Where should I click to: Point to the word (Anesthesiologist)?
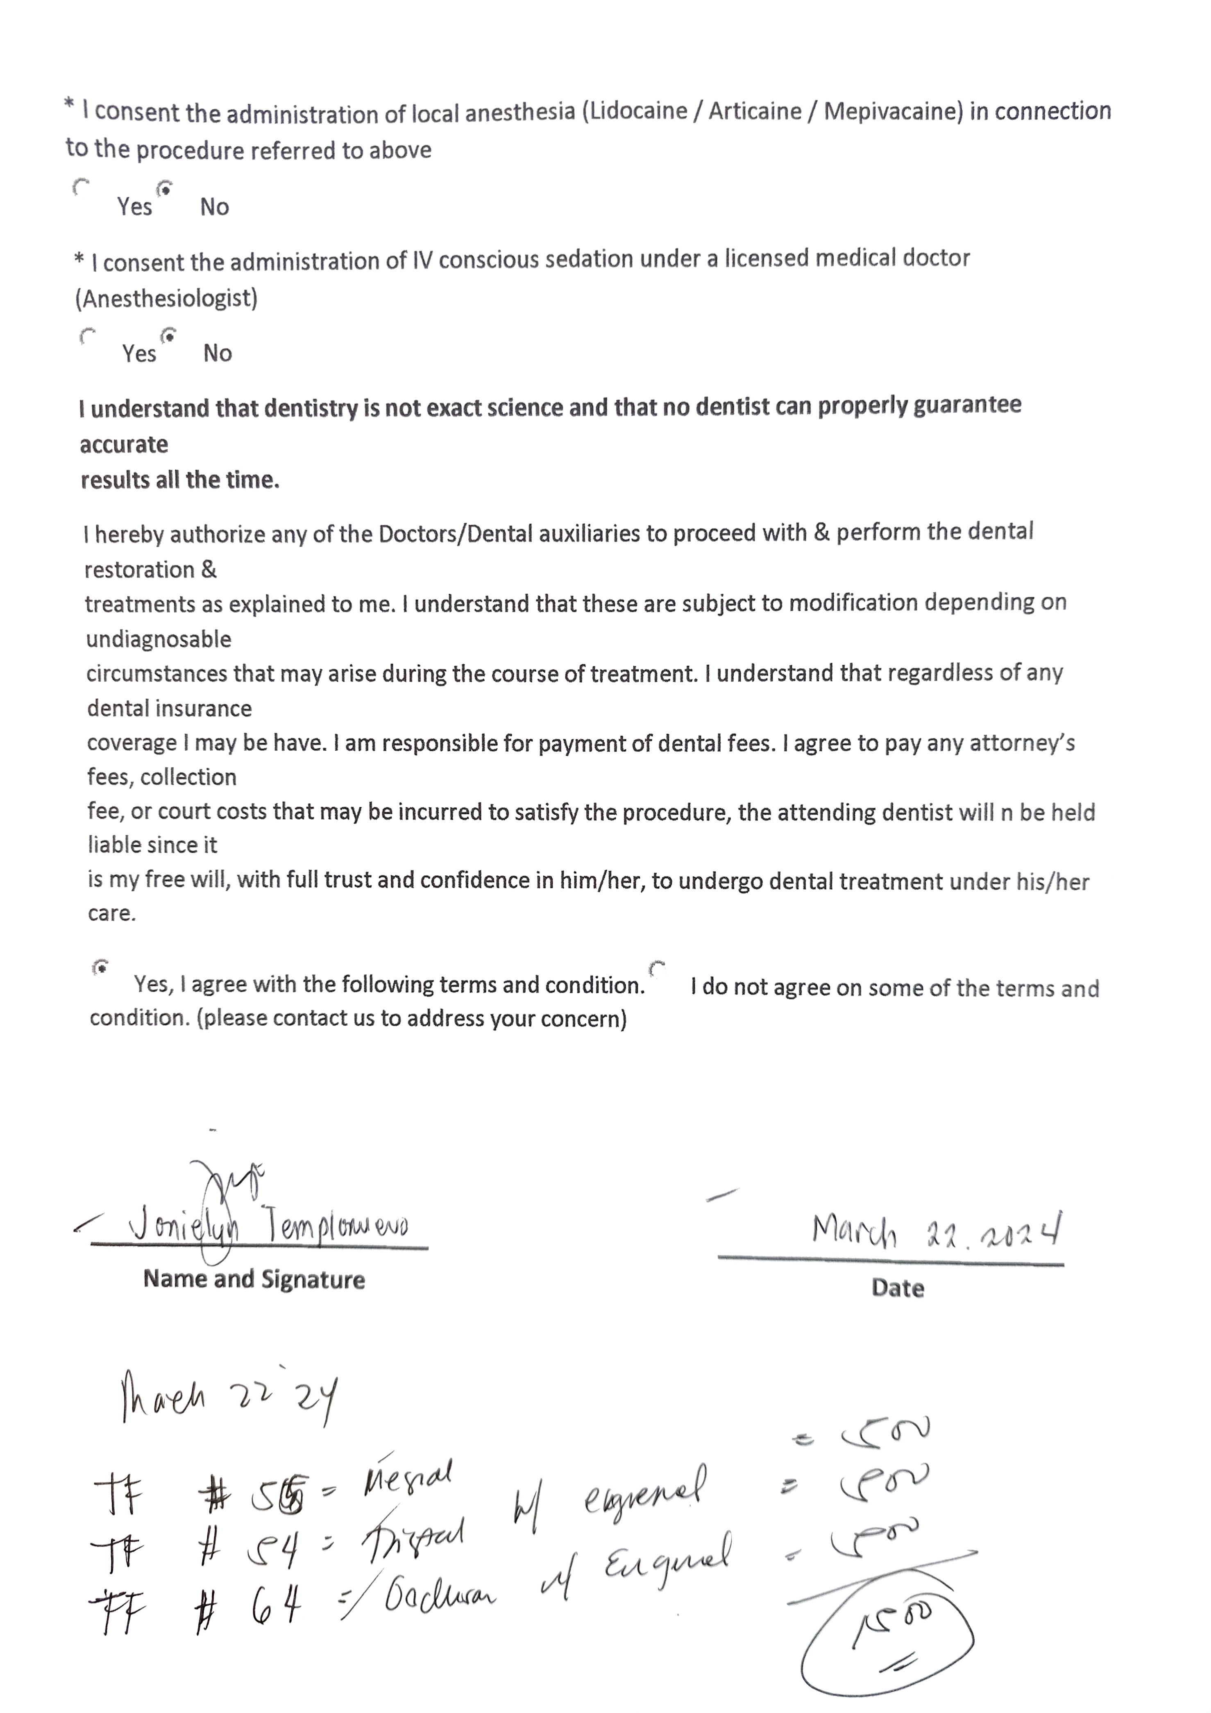point(166,298)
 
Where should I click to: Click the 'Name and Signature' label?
point(254,1279)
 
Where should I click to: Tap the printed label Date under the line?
point(898,1288)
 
